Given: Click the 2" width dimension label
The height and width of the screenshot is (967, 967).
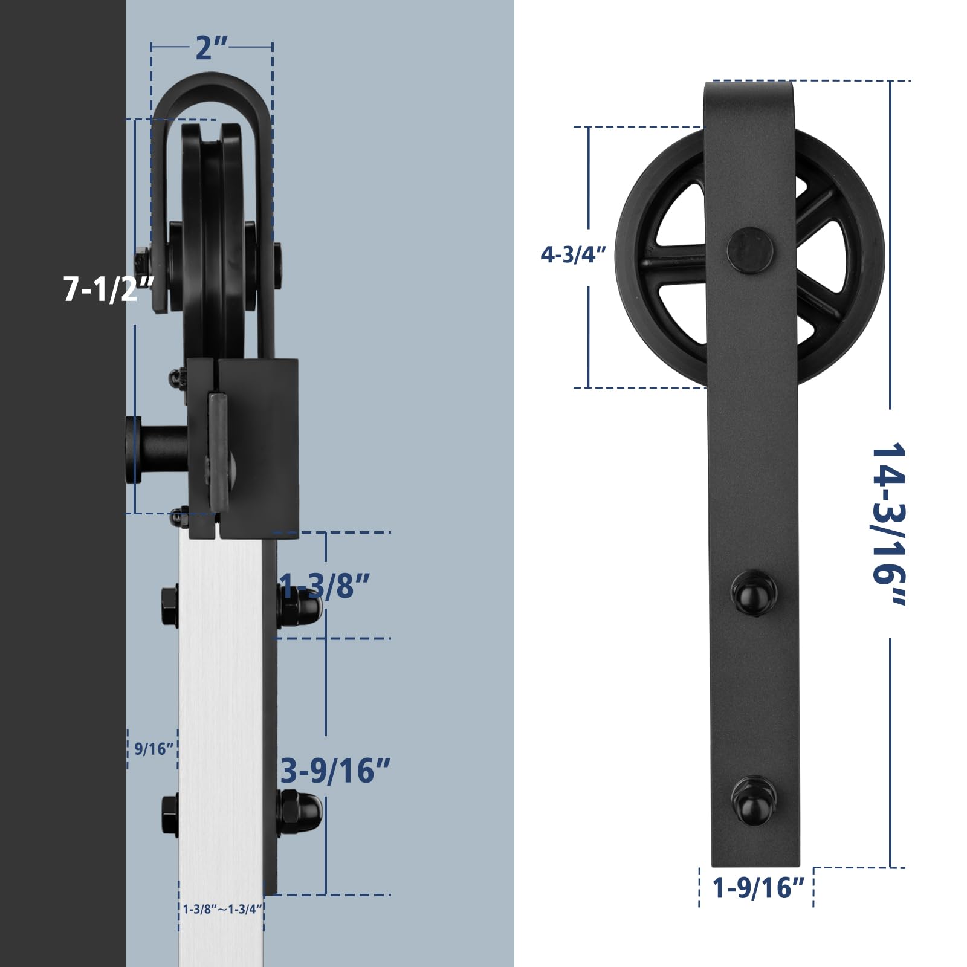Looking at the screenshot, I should coord(212,48).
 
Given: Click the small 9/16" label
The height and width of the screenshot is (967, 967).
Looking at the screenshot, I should coord(154,749).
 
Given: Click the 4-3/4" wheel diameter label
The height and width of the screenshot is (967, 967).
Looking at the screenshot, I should coord(573,254).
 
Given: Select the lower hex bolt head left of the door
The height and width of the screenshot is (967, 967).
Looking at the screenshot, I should coord(170,815).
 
